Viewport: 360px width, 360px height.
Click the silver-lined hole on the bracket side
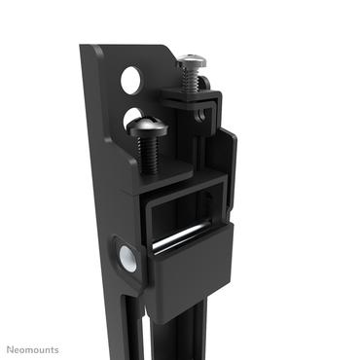[x=125, y=257]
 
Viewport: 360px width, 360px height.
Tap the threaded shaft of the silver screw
[x=194, y=82]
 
